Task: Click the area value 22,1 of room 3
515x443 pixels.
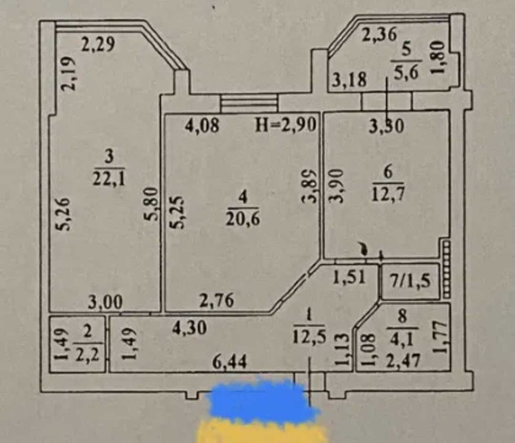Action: (109, 179)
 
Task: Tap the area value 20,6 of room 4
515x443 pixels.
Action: (243, 219)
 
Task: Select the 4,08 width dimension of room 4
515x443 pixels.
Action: (202, 126)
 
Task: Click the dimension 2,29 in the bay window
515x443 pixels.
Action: (97, 45)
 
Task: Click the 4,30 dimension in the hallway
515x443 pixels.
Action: (189, 327)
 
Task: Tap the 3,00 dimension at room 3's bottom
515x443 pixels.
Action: (105, 302)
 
